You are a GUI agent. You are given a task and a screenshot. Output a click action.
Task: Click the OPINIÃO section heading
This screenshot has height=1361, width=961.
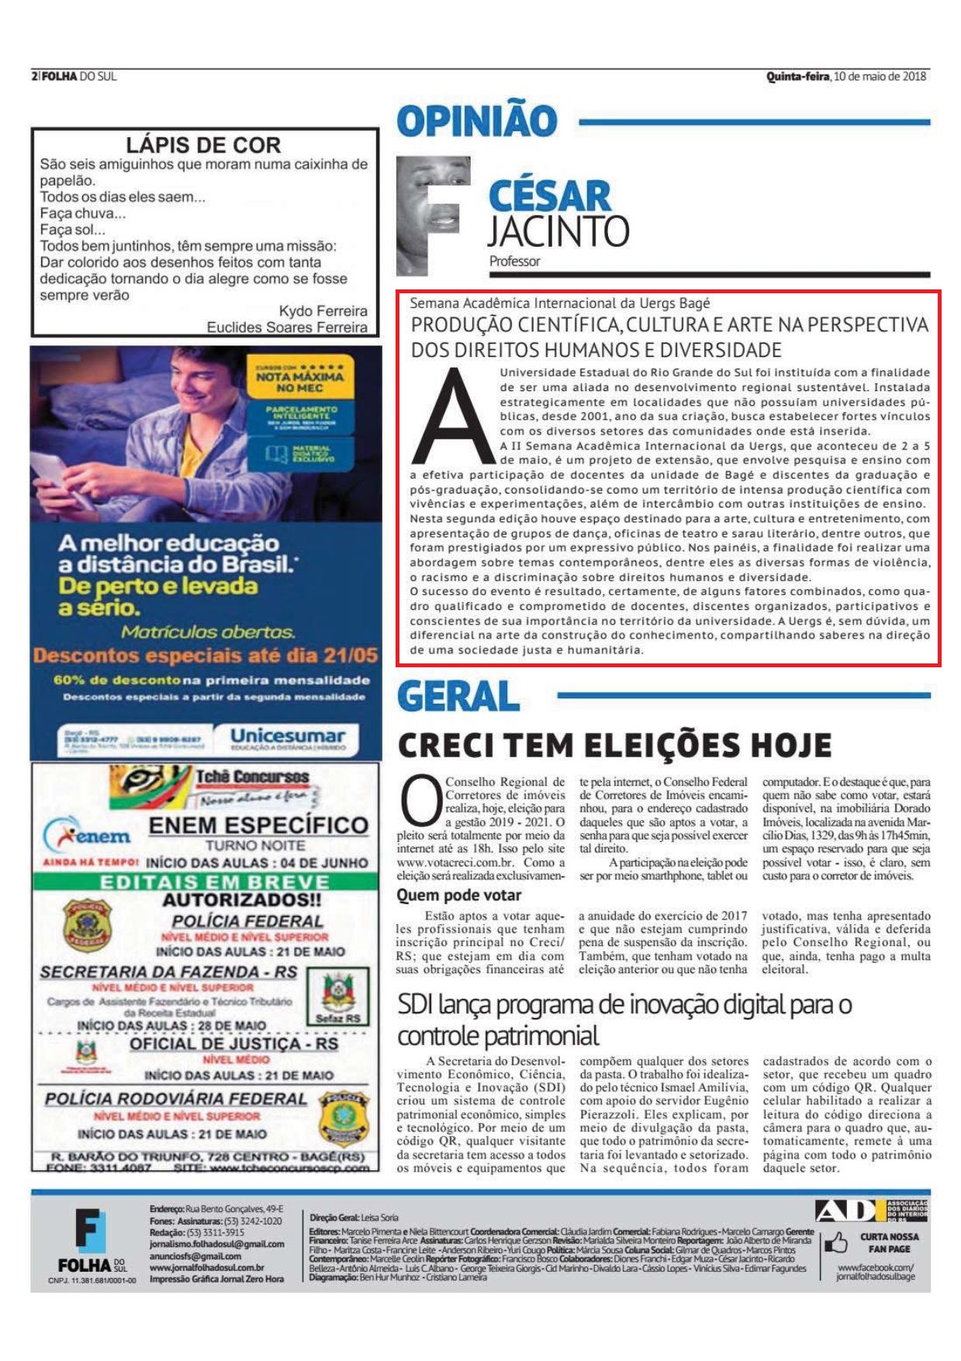[x=476, y=120]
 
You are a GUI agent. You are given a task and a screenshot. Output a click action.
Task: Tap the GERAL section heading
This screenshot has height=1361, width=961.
[x=458, y=696]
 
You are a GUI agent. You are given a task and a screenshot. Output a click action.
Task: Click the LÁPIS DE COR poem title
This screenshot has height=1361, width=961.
[x=203, y=145]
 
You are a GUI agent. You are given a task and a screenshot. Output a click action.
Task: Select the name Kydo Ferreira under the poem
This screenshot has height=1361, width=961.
[x=323, y=311]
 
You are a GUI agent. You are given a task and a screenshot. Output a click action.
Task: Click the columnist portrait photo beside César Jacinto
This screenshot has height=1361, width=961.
[x=433, y=216]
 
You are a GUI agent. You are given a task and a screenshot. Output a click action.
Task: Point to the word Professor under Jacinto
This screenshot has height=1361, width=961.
[x=514, y=261]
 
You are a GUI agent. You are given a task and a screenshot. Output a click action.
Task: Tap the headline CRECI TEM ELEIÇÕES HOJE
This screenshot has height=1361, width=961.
[x=614, y=746]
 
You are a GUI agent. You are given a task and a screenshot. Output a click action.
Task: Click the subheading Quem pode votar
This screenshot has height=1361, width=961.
[x=459, y=895]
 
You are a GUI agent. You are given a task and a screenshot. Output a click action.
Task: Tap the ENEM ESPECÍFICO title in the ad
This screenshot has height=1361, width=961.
[x=258, y=825]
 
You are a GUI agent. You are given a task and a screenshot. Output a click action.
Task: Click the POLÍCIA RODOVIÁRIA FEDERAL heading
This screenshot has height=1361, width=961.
[x=176, y=1099]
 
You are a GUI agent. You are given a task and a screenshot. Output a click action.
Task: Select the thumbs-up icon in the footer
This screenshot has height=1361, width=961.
[x=835, y=1242]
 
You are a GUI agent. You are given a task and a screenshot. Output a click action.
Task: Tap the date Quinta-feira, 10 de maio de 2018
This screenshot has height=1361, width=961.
[x=845, y=76]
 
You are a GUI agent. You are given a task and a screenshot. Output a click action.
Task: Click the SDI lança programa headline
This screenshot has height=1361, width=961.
[x=624, y=1020]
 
